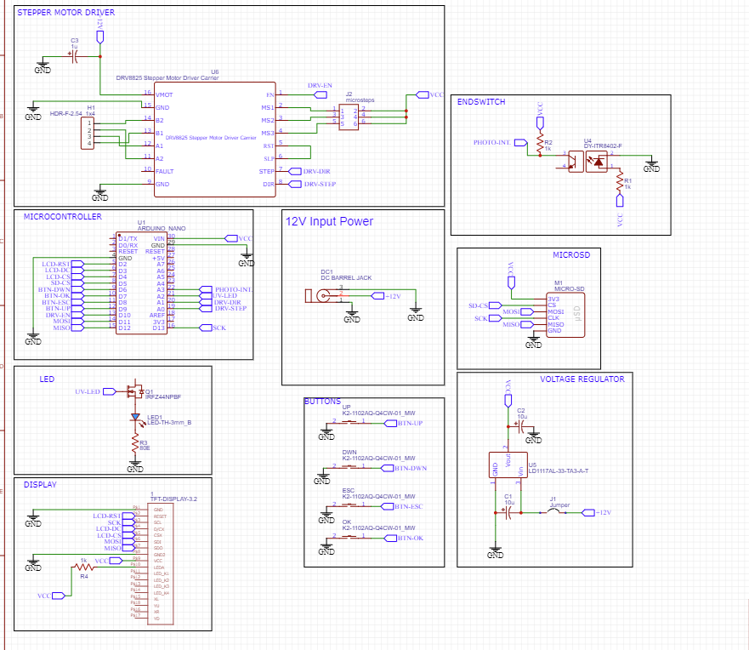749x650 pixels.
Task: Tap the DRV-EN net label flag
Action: tap(321, 87)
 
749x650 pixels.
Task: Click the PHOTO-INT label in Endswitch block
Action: tap(491, 143)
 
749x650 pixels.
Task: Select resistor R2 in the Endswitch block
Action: tap(539, 148)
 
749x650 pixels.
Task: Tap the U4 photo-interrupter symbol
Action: tap(587, 159)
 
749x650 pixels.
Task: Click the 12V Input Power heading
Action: tap(329, 221)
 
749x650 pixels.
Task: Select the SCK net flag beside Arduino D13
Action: tap(218, 328)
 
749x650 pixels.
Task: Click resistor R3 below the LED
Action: tap(134, 444)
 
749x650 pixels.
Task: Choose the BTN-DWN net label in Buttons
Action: tap(410, 468)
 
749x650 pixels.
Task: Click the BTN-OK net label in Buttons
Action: tap(410, 538)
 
